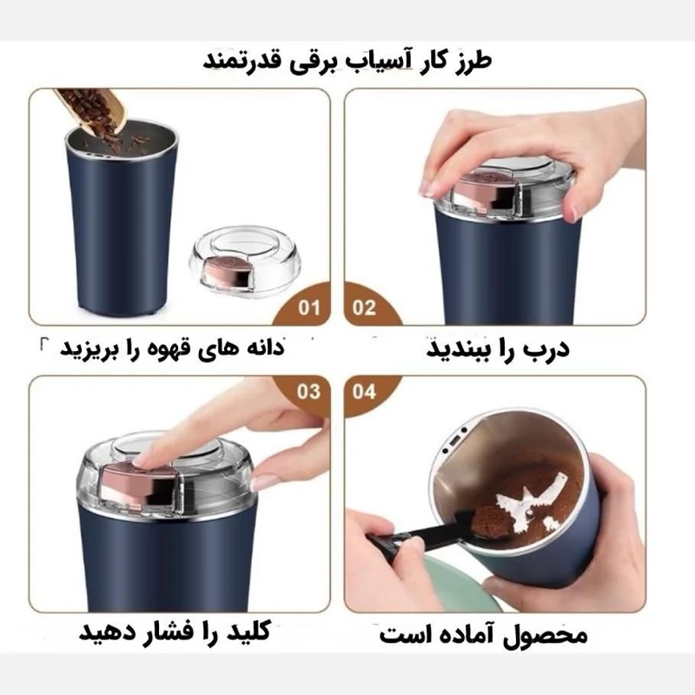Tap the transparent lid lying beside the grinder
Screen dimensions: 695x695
coord(245,261)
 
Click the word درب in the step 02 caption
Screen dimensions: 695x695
coord(547,348)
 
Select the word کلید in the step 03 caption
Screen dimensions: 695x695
coord(249,632)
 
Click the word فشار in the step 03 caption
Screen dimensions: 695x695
coord(169,632)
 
